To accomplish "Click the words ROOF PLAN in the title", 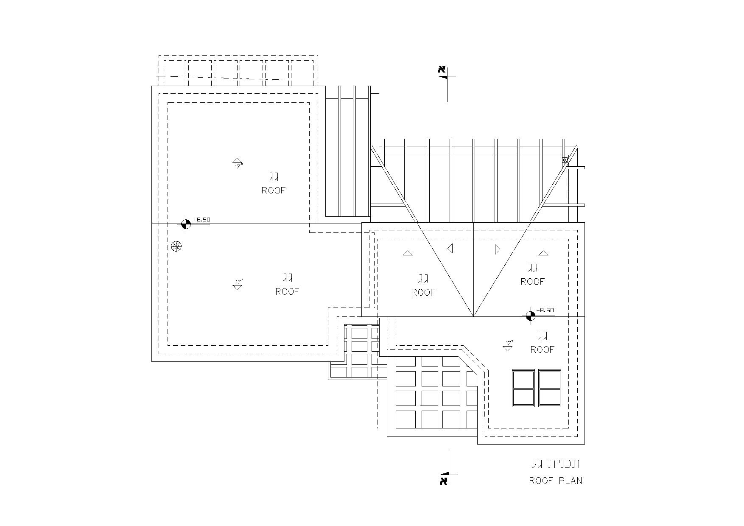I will click(x=555, y=481).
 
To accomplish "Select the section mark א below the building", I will click(x=444, y=481).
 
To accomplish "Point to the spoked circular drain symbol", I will click(x=176, y=246).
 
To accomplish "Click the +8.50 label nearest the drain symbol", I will click(x=201, y=220).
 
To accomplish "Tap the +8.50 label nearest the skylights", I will click(x=545, y=310).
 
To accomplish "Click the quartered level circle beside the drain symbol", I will click(x=185, y=224).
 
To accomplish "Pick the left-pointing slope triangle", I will click(x=450, y=248).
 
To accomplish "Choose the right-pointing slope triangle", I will click(x=498, y=249).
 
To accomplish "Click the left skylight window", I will click(x=524, y=388).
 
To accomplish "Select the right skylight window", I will click(x=550, y=388).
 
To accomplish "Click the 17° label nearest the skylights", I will click(x=509, y=342).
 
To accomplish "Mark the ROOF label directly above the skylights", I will click(x=543, y=350).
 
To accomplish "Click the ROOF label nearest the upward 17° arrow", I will click(x=274, y=190).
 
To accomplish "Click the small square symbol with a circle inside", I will click(x=565, y=160).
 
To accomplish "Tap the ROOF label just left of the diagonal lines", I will click(x=423, y=292).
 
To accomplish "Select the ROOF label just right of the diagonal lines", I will click(x=532, y=282).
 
